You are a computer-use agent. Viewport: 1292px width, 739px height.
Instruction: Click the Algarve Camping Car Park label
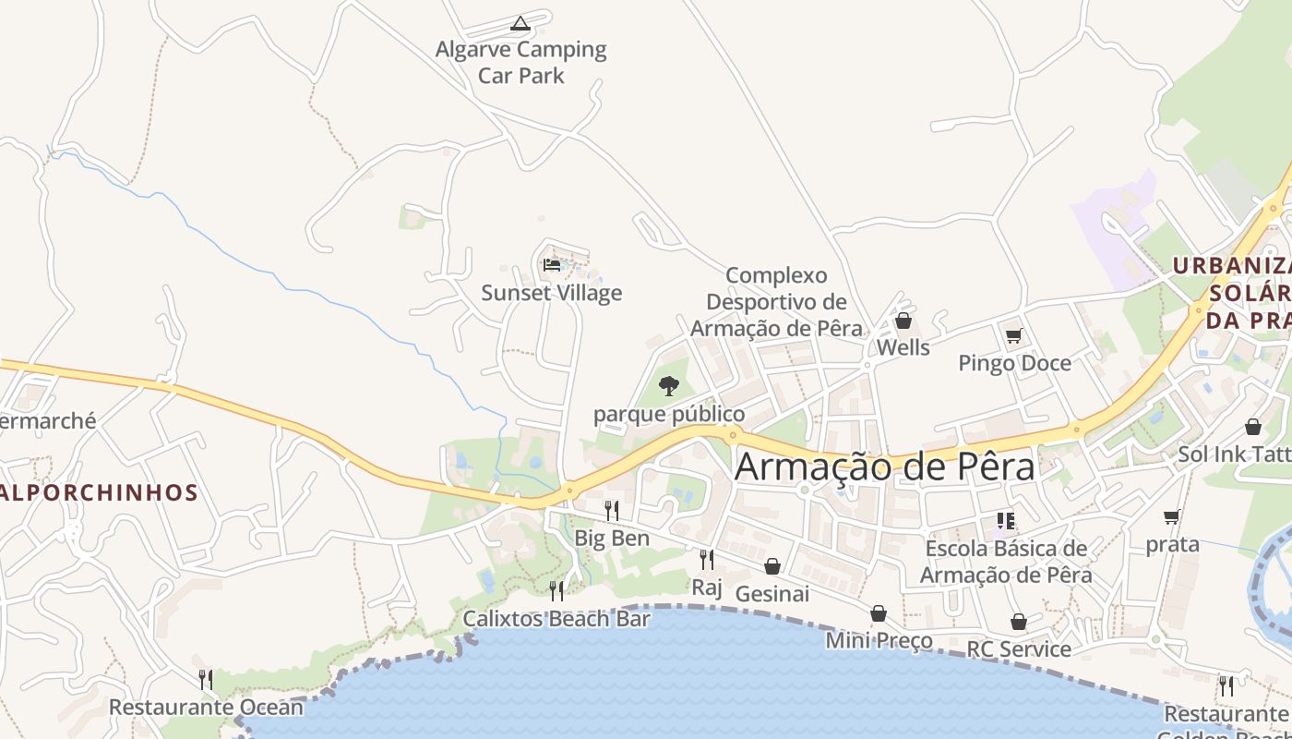point(521,62)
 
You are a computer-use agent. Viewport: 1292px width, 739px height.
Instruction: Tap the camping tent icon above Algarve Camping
point(520,23)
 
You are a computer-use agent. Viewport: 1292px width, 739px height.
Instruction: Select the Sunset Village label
point(552,293)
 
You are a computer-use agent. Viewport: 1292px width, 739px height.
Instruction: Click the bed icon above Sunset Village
point(552,265)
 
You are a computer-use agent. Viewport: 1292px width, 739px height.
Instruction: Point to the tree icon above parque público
point(669,385)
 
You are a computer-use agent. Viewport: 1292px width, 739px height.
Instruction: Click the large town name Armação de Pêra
point(885,466)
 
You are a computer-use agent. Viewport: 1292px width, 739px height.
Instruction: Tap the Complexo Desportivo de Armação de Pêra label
point(776,301)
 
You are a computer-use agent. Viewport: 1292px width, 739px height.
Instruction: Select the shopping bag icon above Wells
point(903,321)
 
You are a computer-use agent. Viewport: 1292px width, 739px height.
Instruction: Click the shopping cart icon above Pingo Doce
point(1014,335)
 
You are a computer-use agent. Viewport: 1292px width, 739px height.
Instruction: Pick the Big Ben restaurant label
point(612,538)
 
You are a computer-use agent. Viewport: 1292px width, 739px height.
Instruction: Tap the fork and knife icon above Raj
point(707,559)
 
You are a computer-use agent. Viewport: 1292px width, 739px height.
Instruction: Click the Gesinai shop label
point(772,593)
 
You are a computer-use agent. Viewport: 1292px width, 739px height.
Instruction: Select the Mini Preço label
point(879,640)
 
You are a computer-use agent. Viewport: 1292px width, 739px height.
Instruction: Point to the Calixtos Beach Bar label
point(556,618)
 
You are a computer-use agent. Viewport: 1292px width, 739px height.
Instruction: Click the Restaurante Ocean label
point(206,708)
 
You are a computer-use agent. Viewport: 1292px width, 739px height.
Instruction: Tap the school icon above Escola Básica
point(1006,521)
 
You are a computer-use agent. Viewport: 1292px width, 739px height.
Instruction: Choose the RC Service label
point(1019,648)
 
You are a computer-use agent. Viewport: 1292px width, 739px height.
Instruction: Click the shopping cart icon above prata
point(1172,516)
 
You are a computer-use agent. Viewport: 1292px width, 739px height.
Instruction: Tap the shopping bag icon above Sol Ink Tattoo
point(1253,427)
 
